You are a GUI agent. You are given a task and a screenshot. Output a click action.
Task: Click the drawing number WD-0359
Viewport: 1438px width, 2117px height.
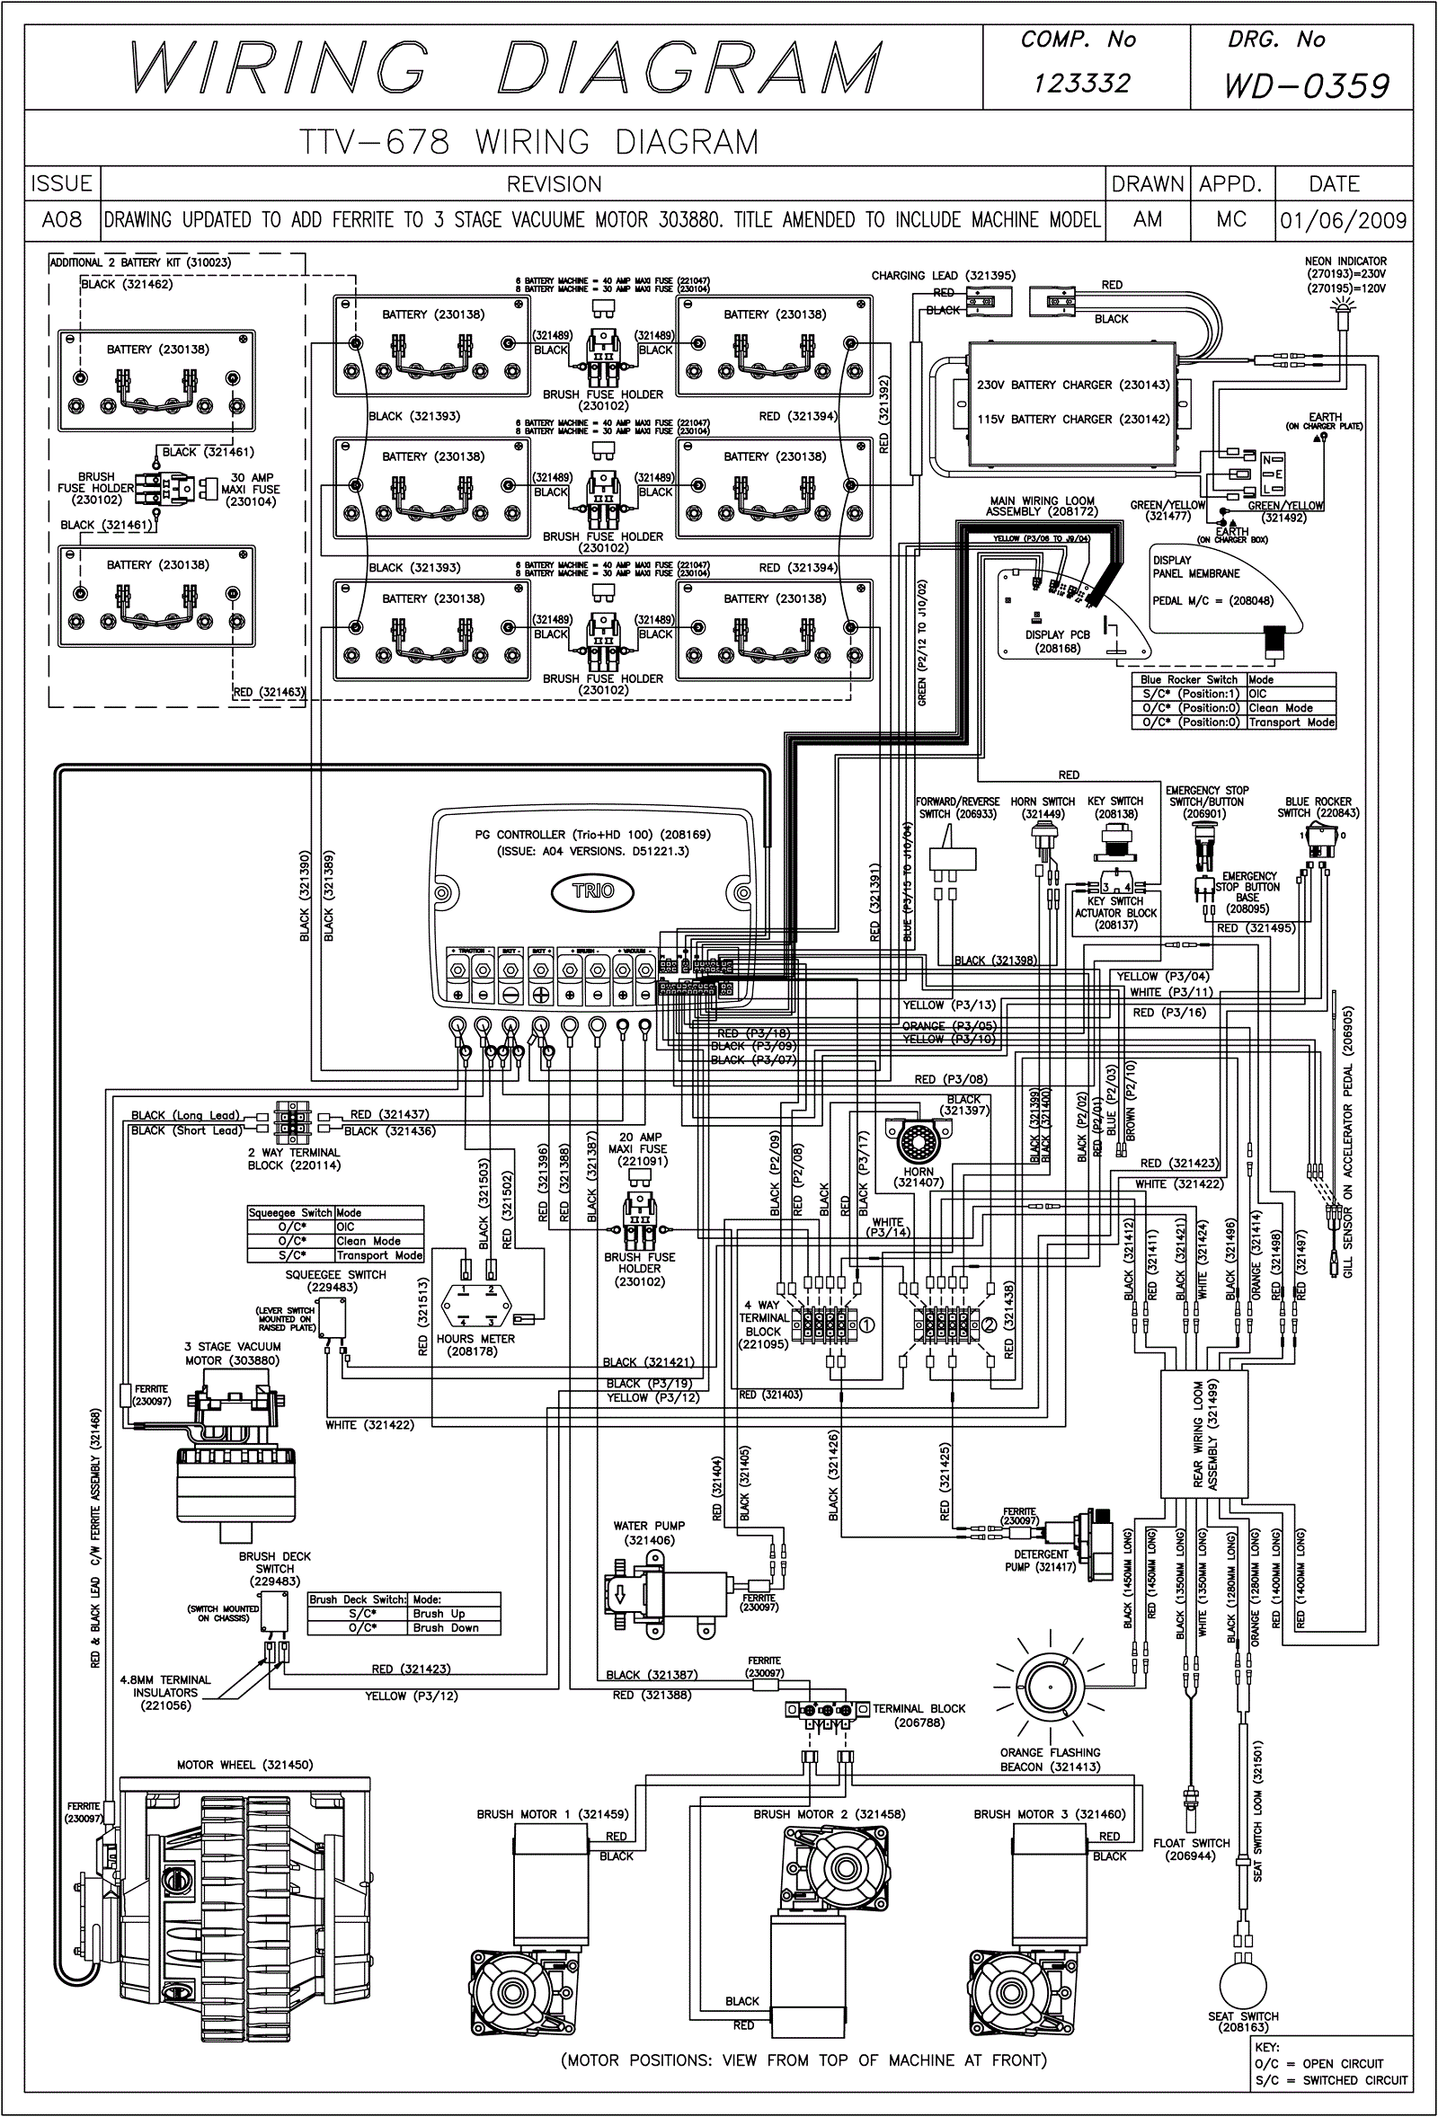tap(1307, 86)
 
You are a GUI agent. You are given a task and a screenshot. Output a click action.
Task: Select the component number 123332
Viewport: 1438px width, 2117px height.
tap(1082, 84)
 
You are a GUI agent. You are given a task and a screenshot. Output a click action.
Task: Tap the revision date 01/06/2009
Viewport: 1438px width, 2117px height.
tap(1343, 220)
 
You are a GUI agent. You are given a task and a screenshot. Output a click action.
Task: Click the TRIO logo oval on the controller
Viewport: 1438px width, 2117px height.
tap(593, 890)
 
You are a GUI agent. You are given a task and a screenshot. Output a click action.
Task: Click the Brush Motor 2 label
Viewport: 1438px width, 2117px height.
tap(829, 1813)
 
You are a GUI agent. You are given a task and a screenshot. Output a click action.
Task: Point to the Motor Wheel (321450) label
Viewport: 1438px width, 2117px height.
tap(244, 1765)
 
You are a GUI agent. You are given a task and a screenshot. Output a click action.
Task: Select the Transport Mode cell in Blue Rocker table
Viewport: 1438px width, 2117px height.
tap(1291, 722)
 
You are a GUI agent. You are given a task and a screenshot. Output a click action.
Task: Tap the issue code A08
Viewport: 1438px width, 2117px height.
tap(62, 220)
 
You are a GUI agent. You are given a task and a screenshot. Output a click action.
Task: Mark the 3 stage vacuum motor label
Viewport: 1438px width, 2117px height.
tap(233, 1353)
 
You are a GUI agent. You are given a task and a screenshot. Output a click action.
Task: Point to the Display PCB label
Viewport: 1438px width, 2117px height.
tap(1057, 642)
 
